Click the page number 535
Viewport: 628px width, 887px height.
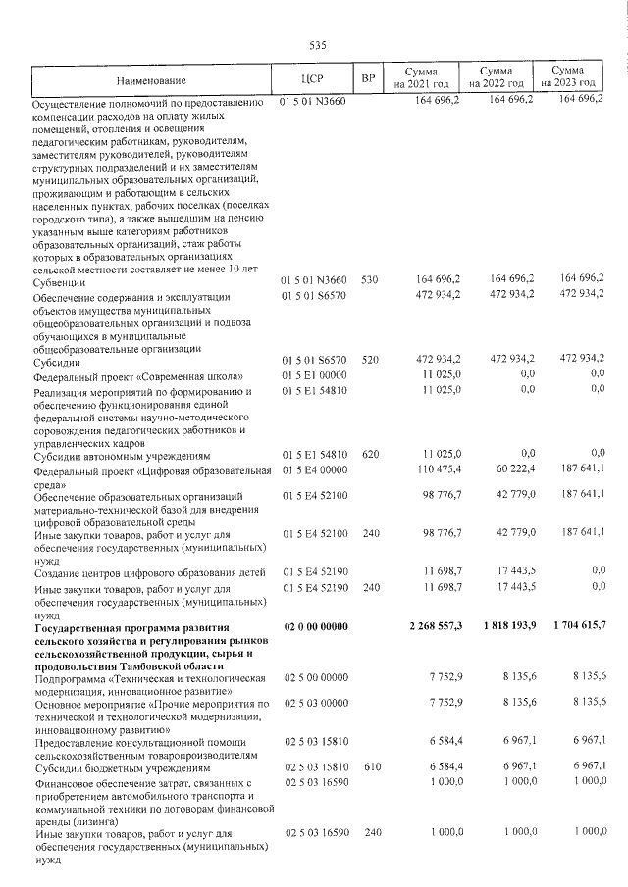[x=316, y=46]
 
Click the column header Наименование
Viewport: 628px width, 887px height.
[x=150, y=79]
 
